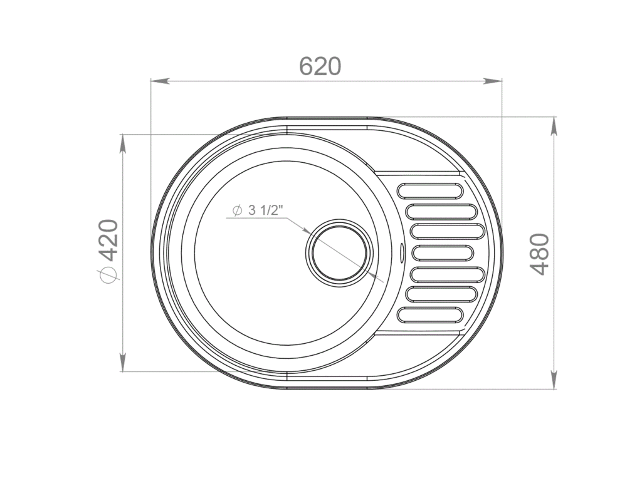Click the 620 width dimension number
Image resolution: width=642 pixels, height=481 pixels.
pyautogui.click(x=320, y=66)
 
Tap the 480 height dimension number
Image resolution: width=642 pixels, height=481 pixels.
pyautogui.click(x=539, y=254)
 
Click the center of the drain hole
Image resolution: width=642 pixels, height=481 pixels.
pyautogui.click(x=339, y=252)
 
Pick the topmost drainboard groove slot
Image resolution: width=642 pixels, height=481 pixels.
pyautogui.click(x=430, y=190)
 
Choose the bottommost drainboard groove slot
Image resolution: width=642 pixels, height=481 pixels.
pyautogui.click(x=430, y=314)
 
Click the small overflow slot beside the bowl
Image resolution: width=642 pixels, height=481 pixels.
pyautogui.click(x=402, y=252)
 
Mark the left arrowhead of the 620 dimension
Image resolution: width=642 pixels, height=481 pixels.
pyautogui.click(x=160, y=81)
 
